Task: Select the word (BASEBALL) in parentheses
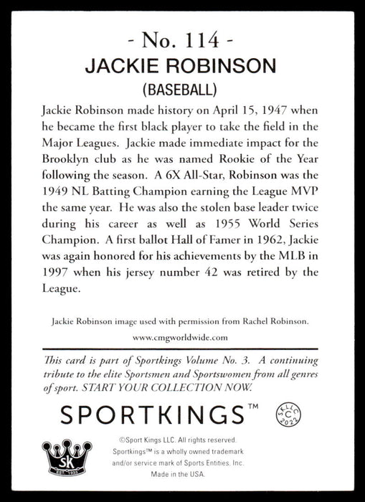[x=182, y=90]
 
